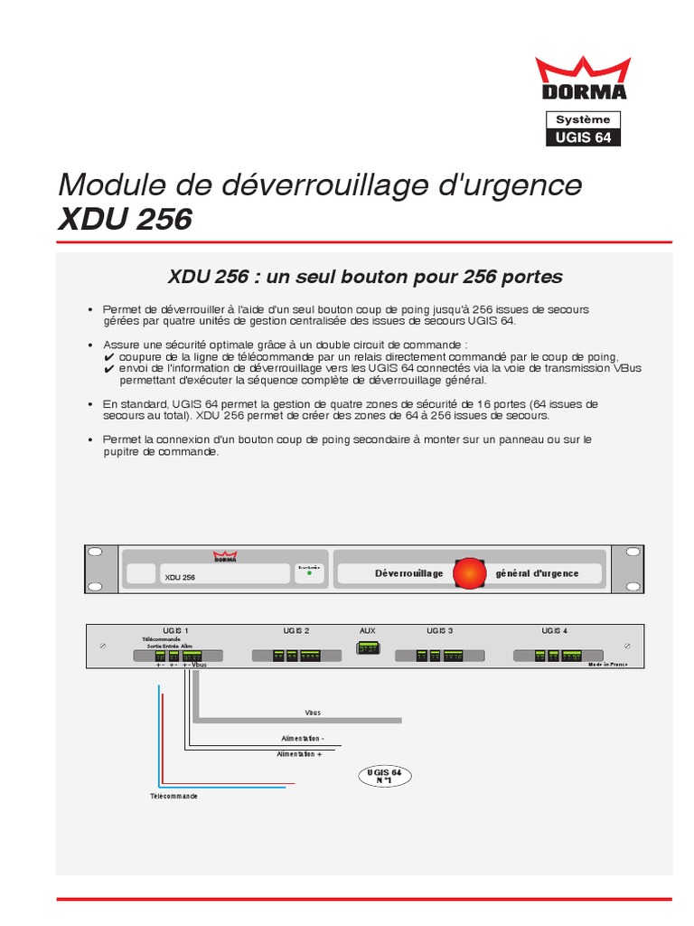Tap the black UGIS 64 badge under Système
coord(583,137)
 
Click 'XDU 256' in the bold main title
coord(125,220)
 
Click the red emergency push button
coord(469,573)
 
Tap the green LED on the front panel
coord(309,573)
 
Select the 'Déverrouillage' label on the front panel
coord(408,573)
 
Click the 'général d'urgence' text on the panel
coord(537,573)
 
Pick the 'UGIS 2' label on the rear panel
coord(296,630)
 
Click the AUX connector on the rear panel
coord(368,647)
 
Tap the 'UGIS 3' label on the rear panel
coord(439,630)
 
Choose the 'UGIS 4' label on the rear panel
coord(554,630)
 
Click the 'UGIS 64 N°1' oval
coord(385,775)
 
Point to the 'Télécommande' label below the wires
coord(173,796)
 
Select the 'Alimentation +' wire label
coord(299,753)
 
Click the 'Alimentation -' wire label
coord(302,739)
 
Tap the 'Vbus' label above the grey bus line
coord(314,713)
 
